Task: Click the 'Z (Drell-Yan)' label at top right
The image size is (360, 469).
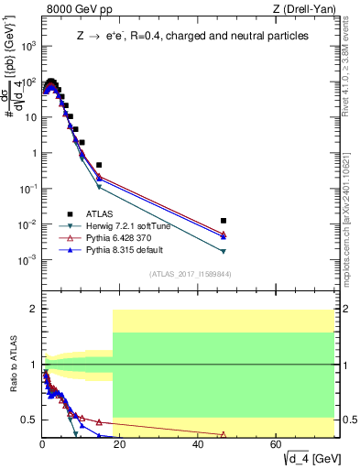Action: coord(311,10)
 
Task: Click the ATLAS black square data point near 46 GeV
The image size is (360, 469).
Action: coord(224,221)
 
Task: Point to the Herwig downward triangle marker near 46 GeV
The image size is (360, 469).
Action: coord(224,251)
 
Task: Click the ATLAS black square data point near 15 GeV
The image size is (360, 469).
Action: coord(99,165)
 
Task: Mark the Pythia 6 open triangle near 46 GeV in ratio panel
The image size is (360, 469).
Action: coord(224,434)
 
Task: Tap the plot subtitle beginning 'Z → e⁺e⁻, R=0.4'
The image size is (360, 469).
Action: coord(192,36)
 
